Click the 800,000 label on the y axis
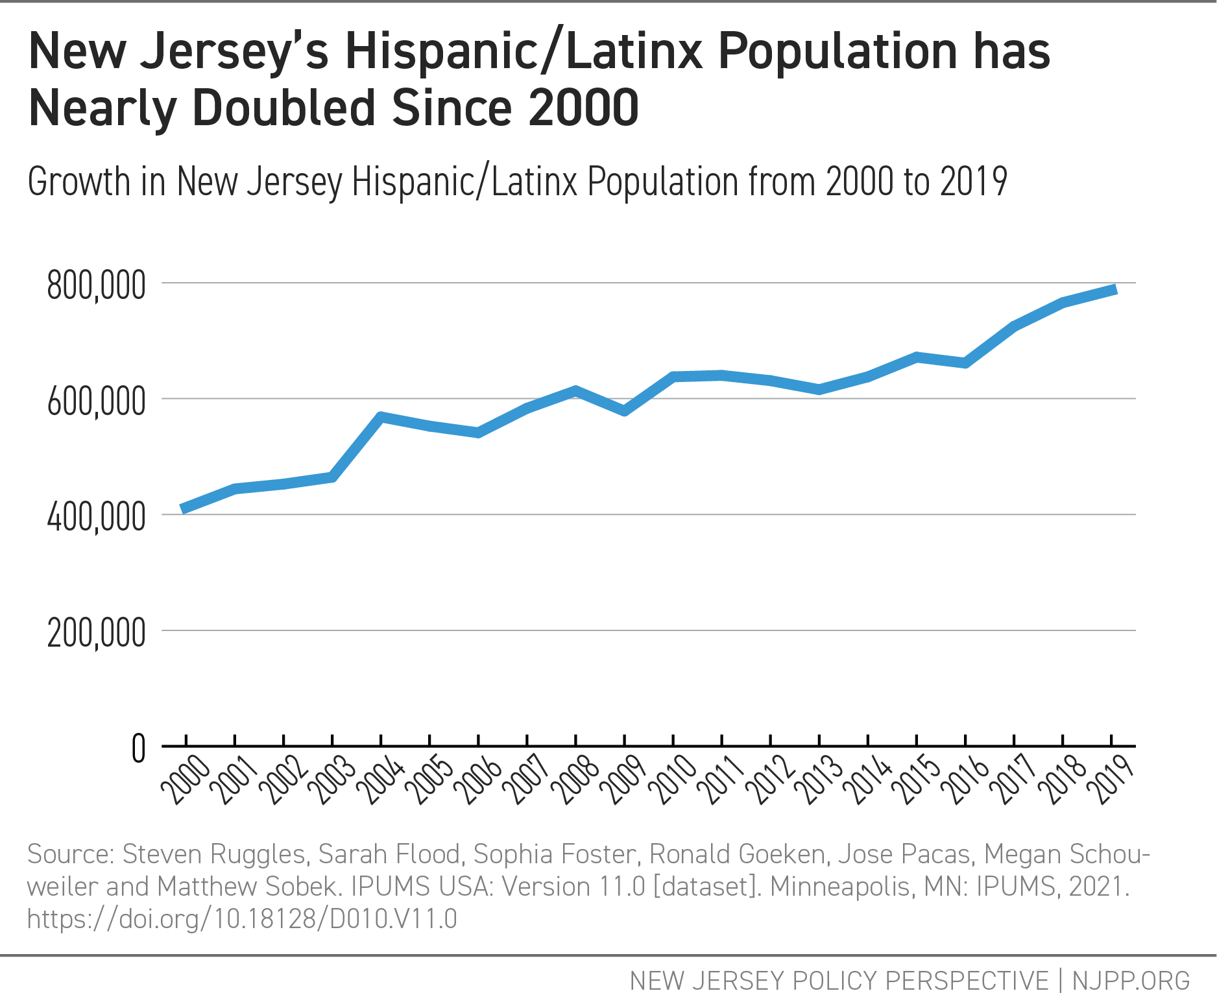point(96,285)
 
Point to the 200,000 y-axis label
point(96,633)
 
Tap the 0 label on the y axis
point(138,749)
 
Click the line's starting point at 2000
point(184,510)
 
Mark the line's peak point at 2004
point(381,416)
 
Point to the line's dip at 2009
point(625,411)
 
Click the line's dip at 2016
point(966,363)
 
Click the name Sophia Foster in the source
point(555,854)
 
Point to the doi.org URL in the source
point(242,919)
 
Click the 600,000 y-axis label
point(96,402)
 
